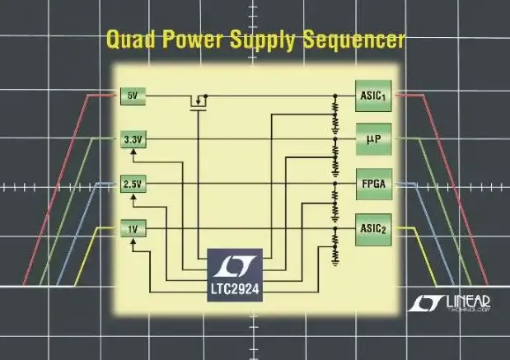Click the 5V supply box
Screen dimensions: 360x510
[132, 96]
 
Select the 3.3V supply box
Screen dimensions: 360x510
[132, 140]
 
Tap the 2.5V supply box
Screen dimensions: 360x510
[132, 185]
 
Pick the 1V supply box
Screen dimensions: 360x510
[132, 228]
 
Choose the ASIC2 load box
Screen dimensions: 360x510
[372, 225]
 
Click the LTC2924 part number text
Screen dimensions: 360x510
[236, 290]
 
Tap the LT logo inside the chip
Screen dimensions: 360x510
[236, 266]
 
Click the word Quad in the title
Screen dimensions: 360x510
[129, 40]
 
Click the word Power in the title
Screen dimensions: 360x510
[193, 40]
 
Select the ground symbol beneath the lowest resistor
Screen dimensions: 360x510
[335, 263]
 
